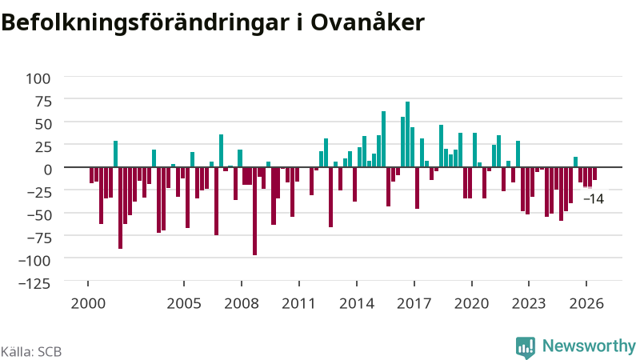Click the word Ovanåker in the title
point(367,22)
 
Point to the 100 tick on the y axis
point(38,78)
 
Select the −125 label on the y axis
point(34,283)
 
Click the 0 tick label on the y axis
point(48,170)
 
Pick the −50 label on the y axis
point(39,214)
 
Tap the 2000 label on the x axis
point(88,304)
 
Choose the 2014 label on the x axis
point(357,304)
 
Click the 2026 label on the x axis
point(586,304)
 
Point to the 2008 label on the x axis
point(242,304)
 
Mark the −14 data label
point(594,198)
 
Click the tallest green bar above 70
point(407,134)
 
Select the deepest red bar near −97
point(254,211)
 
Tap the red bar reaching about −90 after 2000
point(121,208)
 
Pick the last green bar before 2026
point(575,162)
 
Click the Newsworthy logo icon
point(526,347)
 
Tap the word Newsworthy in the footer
point(589,346)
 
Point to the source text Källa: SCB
point(31,351)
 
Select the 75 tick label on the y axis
point(43,102)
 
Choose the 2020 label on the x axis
point(471,304)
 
